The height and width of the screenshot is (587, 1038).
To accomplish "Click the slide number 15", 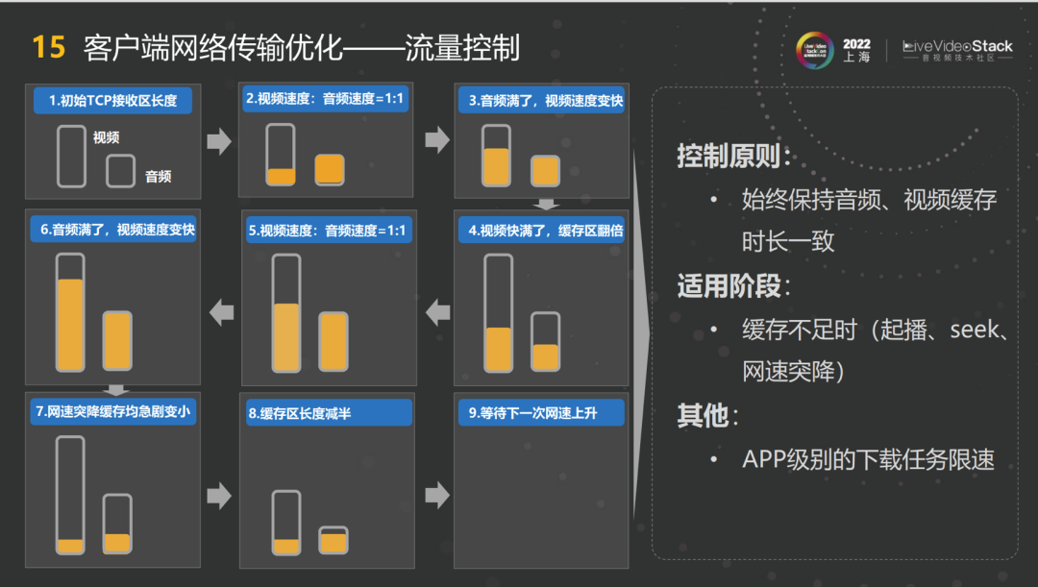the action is (x=48, y=48).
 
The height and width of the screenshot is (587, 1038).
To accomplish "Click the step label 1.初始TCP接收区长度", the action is (x=113, y=101).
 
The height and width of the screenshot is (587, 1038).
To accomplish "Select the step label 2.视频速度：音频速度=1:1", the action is (x=325, y=99).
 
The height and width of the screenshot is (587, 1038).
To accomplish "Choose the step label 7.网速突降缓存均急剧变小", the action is (x=113, y=411).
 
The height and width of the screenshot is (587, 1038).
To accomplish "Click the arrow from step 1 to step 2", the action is (x=219, y=141).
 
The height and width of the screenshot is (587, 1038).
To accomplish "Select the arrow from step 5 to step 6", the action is (x=222, y=312).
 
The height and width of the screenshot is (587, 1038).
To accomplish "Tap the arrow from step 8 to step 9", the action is (x=437, y=495).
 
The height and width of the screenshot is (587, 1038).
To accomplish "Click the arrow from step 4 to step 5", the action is (x=437, y=312).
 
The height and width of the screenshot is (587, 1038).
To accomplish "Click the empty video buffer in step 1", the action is (x=71, y=157).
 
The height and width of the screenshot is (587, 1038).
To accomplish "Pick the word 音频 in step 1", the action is (x=159, y=176).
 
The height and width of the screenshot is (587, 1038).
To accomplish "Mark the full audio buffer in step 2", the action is (x=329, y=169).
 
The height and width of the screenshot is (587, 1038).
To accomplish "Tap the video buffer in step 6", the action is (x=70, y=312).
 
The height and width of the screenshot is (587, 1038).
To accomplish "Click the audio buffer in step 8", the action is (x=333, y=540).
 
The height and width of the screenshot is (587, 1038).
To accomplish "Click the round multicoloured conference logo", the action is (x=815, y=50).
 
